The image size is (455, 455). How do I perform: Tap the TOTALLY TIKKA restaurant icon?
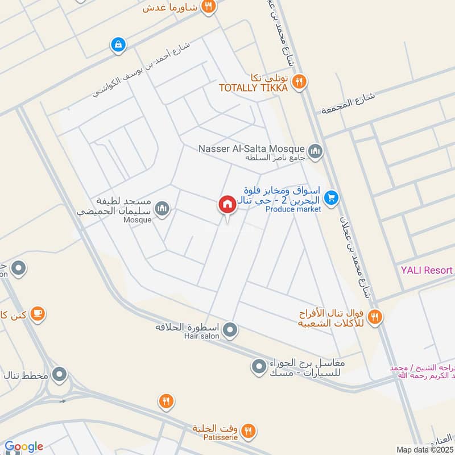pos(300,82)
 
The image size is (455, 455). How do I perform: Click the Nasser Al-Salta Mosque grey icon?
pos(316,151)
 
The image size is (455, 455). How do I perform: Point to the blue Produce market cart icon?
pos(331,198)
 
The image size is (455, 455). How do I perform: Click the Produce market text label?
pos(293,209)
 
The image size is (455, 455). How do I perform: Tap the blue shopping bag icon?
pos(118,44)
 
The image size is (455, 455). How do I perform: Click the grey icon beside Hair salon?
pos(230,329)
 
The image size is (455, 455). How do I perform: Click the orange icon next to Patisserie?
pos(247,432)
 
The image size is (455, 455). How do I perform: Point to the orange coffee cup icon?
pos(38,313)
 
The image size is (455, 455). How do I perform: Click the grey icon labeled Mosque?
pos(163,209)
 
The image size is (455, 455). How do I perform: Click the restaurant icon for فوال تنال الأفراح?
pos(374,317)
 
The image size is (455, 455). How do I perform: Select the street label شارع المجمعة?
pos(348,103)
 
